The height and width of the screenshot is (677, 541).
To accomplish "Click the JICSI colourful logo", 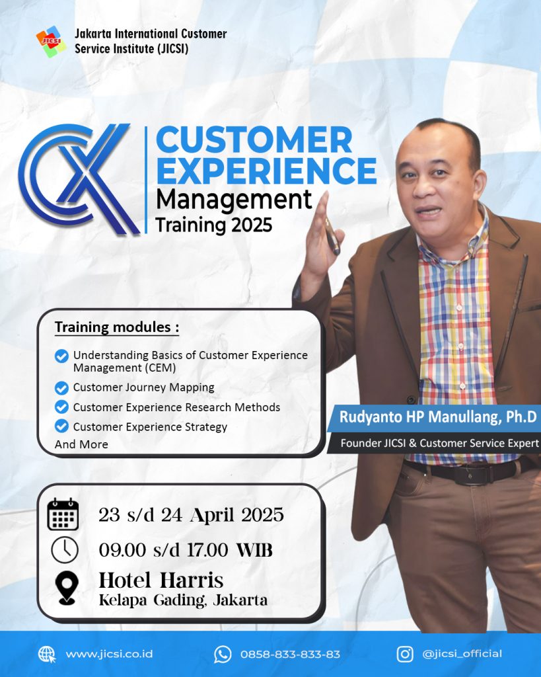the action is (x=51, y=42).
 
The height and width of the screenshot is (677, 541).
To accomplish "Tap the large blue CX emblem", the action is (x=79, y=179).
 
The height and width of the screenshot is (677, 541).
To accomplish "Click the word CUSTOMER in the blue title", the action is (x=254, y=139).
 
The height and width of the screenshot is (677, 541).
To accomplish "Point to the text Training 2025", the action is (x=214, y=225).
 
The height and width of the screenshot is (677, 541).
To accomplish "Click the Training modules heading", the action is (x=116, y=327).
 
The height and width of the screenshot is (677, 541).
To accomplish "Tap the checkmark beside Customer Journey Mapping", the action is (x=61, y=387).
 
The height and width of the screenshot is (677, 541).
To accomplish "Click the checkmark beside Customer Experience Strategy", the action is (x=61, y=426).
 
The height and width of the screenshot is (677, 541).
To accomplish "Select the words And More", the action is (x=81, y=444).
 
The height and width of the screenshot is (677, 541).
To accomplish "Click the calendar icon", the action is (x=63, y=514).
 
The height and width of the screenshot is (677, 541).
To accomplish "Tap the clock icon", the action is (x=65, y=549).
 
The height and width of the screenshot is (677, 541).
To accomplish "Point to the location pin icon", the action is (x=67, y=587).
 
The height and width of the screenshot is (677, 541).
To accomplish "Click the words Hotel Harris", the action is (x=161, y=580).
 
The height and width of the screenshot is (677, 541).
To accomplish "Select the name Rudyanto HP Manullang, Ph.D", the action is (x=438, y=417).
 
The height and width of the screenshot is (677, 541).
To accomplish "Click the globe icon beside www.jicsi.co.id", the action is (x=47, y=655).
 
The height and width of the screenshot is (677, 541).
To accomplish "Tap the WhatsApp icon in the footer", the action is (x=223, y=655).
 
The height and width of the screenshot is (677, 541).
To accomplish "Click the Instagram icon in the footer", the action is (x=405, y=654).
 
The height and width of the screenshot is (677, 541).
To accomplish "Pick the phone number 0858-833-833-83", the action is (x=291, y=655).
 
